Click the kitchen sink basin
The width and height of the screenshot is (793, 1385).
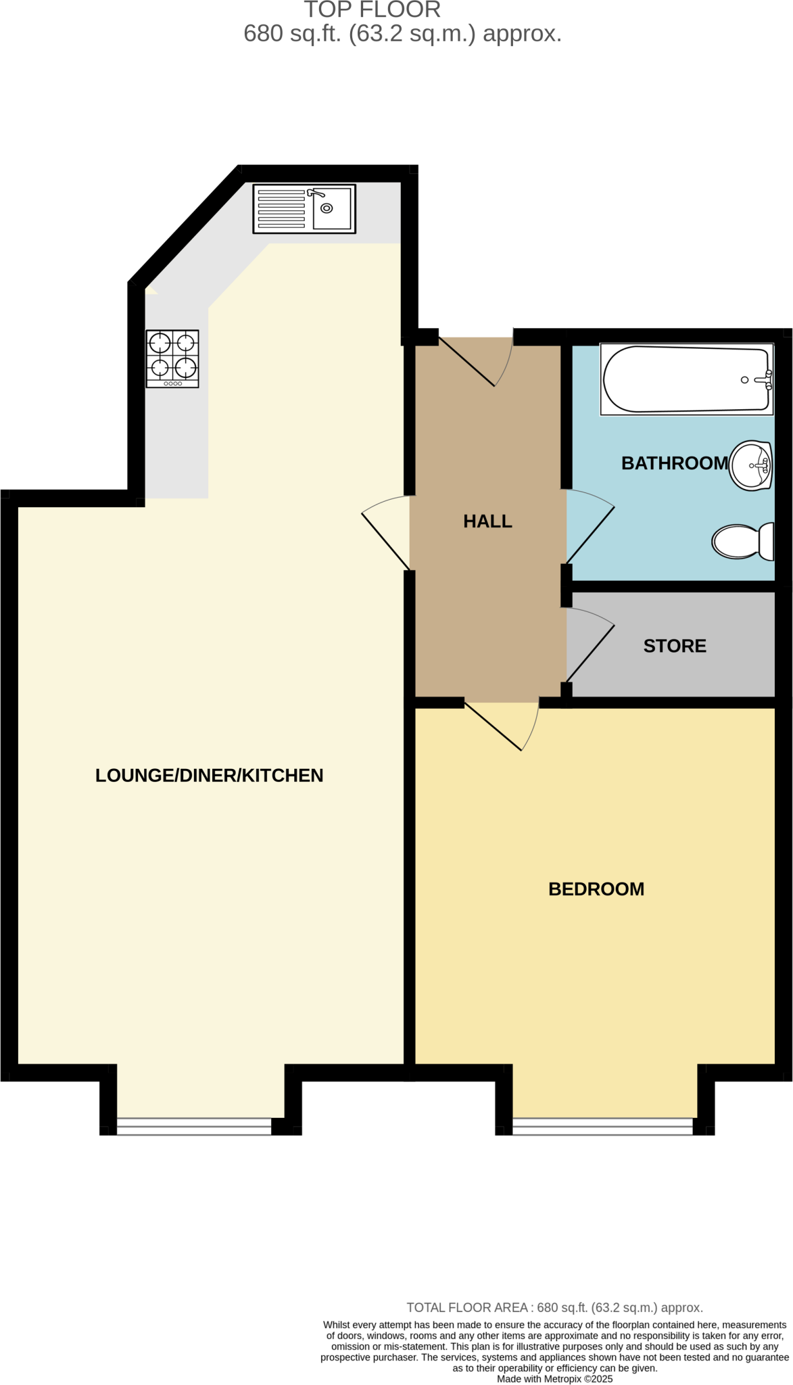(x=332, y=208)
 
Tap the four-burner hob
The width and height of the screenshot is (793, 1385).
(x=172, y=358)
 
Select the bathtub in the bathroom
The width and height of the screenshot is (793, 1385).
(x=687, y=379)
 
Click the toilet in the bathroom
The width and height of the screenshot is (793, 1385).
(x=742, y=542)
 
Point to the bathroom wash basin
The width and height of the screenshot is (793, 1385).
(x=750, y=465)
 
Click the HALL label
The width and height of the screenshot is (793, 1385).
(x=487, y=521)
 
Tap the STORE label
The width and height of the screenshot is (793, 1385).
(x=675, y=646)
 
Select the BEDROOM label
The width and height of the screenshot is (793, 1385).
(x=596, y=889)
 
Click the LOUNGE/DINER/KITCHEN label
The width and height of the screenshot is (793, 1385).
(x=209, y=775)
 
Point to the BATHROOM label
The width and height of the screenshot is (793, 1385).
(x=675, y=463)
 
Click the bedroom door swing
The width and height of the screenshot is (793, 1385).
(x=507, y=728)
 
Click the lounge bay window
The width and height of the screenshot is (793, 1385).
(x=194, y=1125)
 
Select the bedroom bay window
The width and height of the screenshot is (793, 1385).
(x=602, y=1125)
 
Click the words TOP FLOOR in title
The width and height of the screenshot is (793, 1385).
(x=373, y=10)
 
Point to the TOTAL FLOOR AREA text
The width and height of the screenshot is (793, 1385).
(x=554, y=1308)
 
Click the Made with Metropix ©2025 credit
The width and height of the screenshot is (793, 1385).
(x=554, y=1379)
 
